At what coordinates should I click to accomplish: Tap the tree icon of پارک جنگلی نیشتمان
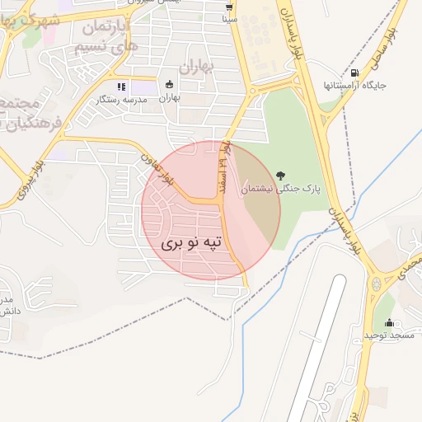coord(282,175)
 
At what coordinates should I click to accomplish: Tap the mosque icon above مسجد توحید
coord(389,322)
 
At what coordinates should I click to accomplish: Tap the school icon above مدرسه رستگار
coord(121,86)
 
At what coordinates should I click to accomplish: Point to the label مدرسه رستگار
coord(122,99)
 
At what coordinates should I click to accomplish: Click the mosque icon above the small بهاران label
coord(170,85)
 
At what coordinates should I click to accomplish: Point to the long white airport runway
coord(317,346)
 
